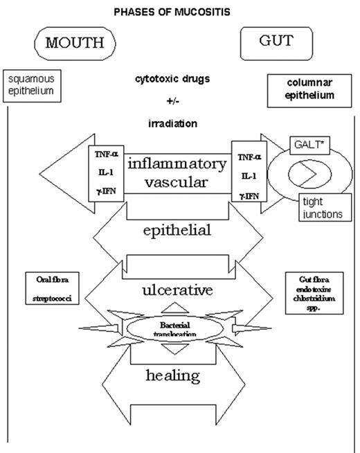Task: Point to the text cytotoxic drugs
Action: pos(181,79)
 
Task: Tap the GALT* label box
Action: pos(303,147)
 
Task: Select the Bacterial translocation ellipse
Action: pos(179,328)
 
